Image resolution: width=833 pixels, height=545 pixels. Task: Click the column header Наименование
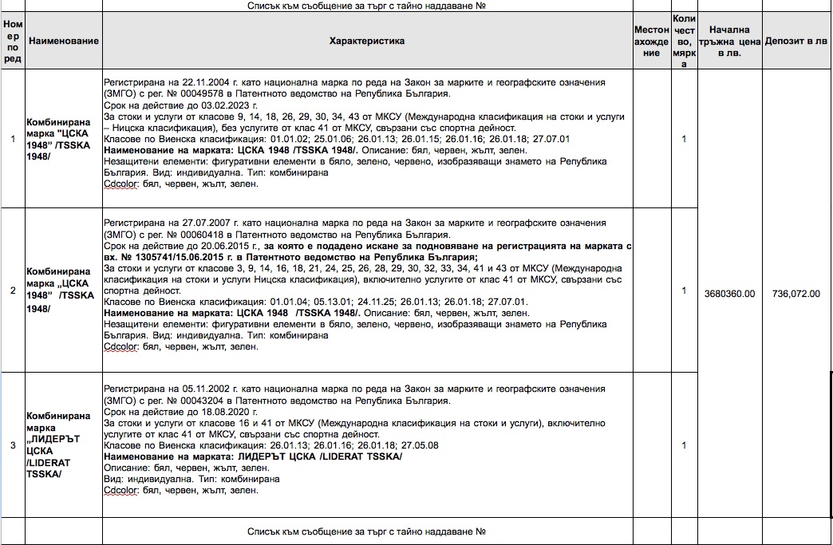[63, 41]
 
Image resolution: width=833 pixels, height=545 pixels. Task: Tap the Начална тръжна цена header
[728, 41]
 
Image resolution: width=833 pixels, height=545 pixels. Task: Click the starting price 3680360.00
[729, 294]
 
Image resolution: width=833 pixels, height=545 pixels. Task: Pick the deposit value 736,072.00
[796, 294]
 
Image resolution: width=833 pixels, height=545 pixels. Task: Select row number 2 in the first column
[12, 290]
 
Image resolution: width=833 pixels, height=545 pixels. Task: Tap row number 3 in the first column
[12, 445]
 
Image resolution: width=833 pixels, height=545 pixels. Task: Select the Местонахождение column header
[651, 41]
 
